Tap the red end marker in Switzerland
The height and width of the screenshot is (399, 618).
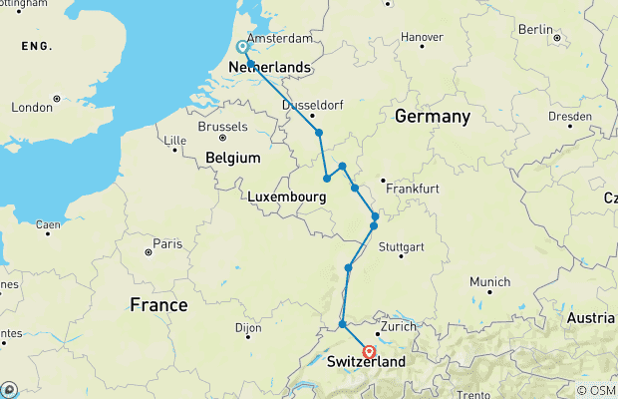pyautogui.click(x=369, y=351)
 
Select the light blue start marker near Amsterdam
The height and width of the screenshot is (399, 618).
pyautogui.click(x=242, y=47)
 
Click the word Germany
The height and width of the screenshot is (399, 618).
pyautogui.click(x=432, y=117)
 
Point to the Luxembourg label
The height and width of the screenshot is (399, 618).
pyautogui.click(x=288, y=199)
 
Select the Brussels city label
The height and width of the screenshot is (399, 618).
pyautogui.click(x=223, y=127)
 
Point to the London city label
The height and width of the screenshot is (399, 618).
pyautogui.click(x=31, y=108)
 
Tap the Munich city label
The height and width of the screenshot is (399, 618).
pyautogui.click(x=489, y=280)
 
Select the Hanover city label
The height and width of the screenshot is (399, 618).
pyautogui.click(x=421, y=37)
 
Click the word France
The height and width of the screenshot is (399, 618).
pyautogui.click(x=159, y=305)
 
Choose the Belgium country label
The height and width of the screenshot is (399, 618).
pyautogui.click(x=233, y=158)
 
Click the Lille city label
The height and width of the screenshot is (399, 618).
pyautogui.click(x=174, y=139)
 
